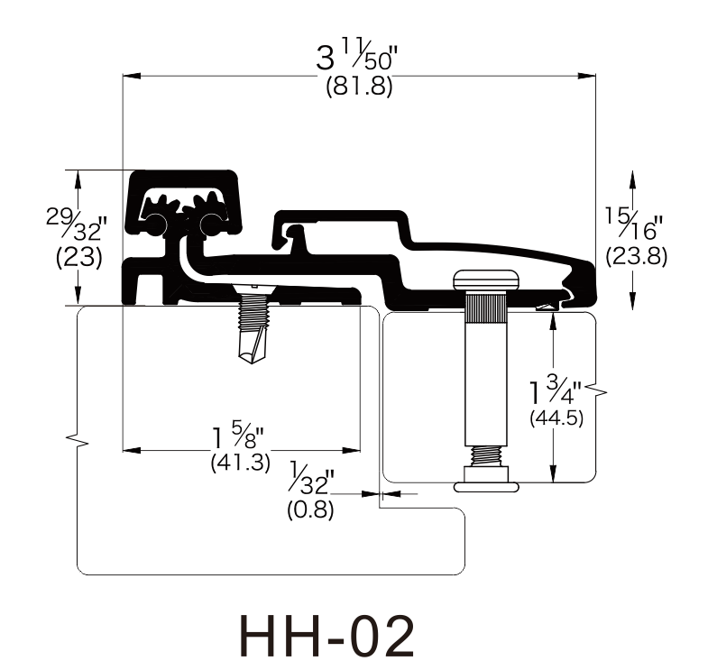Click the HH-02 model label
[326, 636]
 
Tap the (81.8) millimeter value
[360, 86]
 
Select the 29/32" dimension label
[77, 225]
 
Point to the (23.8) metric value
[636, 256]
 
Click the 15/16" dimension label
[634, 225]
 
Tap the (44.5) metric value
[556, 418]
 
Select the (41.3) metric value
[241, 463]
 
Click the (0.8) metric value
[310, 509]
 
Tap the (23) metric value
[78, 258]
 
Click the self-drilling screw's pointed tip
[251, 363]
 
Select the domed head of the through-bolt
[486, 280]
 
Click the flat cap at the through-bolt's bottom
[486, 487]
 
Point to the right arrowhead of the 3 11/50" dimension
[587, 76]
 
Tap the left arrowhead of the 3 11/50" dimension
[132, 76]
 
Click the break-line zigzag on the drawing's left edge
[78, 440]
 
